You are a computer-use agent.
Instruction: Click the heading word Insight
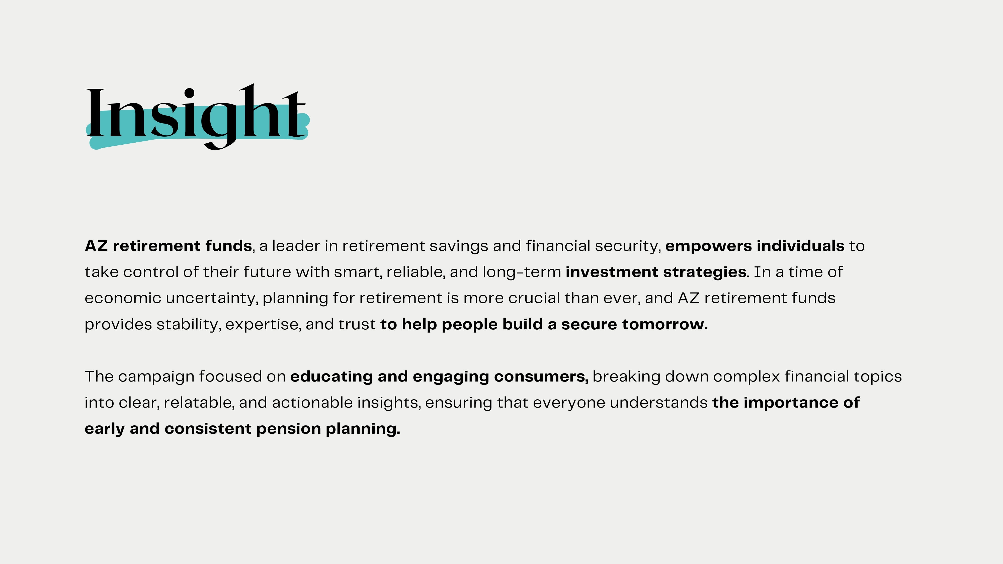pyautogui.click(x=196, y=117)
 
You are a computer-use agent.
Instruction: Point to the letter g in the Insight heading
pyautogui.click(x=219, y=127)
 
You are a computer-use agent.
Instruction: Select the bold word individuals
pyautogui.click(x=801, y=246)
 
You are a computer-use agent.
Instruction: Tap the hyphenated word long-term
pyautogui.click(x=522, y=272)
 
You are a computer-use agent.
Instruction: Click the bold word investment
pyautogui.click(x=612, y=272)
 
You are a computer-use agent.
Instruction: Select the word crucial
pyautogui.click(x=534, y=298)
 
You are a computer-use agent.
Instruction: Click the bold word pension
pyautogui.click(x=289, y=429)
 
